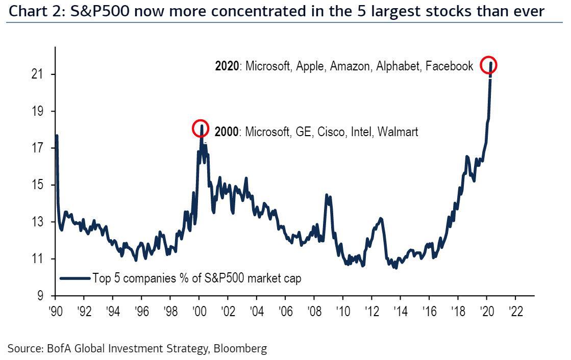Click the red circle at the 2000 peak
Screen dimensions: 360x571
[201, 128]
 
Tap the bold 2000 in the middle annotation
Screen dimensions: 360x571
[226, 132]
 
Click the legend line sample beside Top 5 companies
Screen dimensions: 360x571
[75, 278]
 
